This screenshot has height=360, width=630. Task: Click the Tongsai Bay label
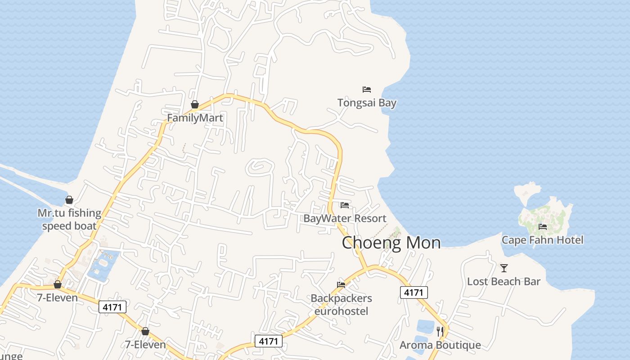coord(367,103)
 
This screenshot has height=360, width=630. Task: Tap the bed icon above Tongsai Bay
coord(367,90)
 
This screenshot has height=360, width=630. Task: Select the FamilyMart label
coord(195,118)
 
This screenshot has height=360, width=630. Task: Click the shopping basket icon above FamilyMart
coord(195,105)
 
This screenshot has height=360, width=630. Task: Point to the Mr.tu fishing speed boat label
coord(69,219)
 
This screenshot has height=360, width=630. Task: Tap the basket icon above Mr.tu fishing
coord(69,200)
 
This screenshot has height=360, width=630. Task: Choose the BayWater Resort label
coord(345,218)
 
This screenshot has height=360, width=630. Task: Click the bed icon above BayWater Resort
coord(345,205)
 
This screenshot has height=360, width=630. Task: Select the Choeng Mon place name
coord(391,243)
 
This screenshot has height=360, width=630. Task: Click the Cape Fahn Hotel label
coord(542,240)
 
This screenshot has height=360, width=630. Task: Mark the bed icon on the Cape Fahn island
coord(543,227)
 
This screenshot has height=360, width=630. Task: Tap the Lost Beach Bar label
coord(504,282)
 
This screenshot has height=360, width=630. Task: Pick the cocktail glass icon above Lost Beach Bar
coord(504,268)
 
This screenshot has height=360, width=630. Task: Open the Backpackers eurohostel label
coord(341,305)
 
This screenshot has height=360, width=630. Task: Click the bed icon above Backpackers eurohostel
coord(341,285)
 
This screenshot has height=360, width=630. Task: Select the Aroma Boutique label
coord(440,345)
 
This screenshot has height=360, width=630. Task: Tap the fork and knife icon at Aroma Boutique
coord(440,332)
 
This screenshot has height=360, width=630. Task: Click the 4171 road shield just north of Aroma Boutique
coord(414,292)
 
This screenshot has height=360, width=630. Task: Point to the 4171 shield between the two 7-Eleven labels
coord(112,307)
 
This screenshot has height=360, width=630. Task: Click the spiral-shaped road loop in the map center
coord(260,168)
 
